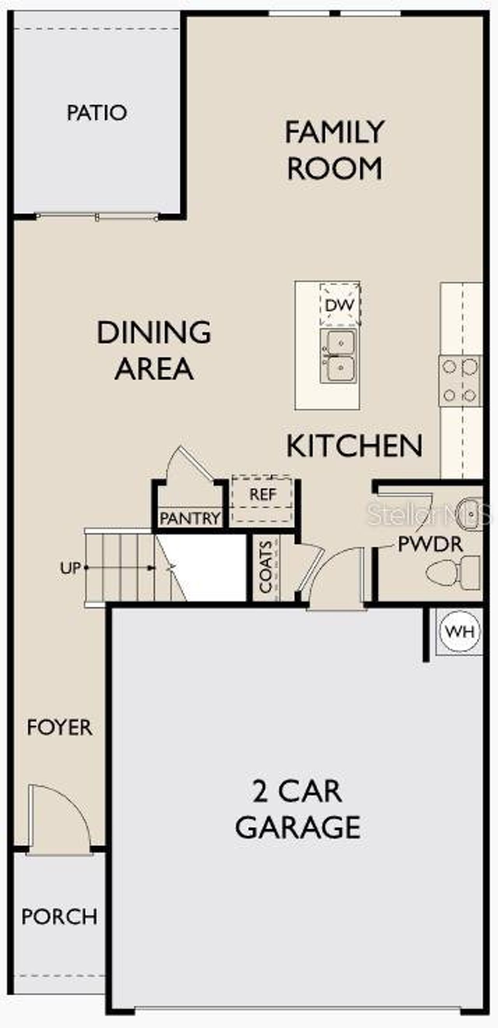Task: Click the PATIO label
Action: [97, 112]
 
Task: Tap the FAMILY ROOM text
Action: [334, 150]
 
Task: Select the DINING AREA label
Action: [154, 350]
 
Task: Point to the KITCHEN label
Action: [354, 446]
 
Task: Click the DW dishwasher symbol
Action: [340, 305]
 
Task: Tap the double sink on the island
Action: [339, 355]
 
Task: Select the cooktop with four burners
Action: [460, 381]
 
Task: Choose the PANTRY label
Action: [190, 518]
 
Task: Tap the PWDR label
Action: [430, 544]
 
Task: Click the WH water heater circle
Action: [459, 632]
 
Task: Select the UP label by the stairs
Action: [70, 568]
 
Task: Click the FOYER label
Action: [60, 727]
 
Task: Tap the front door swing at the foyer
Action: [58, 814]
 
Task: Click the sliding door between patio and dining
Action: [97, 217]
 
